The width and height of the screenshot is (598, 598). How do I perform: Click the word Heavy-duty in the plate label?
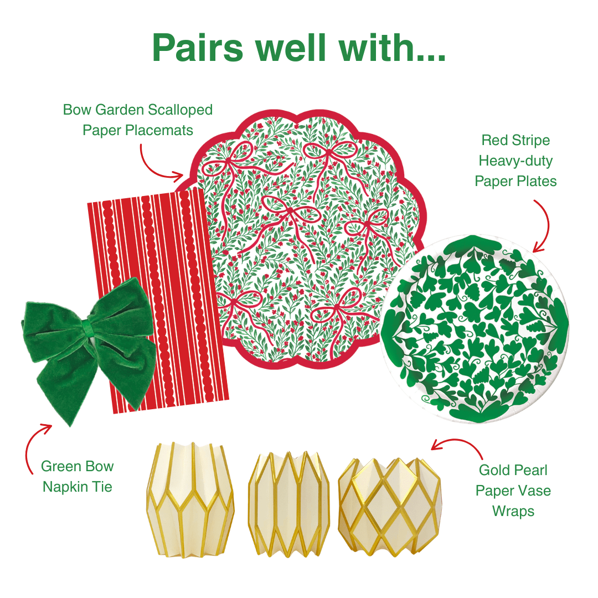pos(515,161)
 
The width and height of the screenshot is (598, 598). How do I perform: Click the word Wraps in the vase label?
pos(513,511)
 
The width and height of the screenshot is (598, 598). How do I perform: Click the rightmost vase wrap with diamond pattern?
pos(389,504)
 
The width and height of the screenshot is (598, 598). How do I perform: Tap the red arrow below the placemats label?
pos(158,163)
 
